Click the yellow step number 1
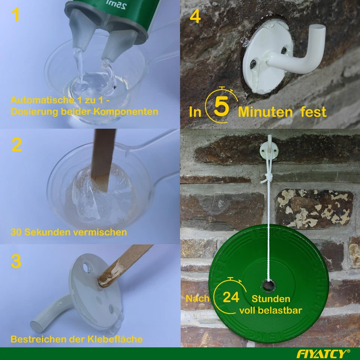15,15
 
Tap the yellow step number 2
16,145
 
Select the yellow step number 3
15,261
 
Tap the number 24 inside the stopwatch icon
231,297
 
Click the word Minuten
265,112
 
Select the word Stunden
271,299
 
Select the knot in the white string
267,177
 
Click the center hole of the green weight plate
268,285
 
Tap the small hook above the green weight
269,148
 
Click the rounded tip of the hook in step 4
318,28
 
